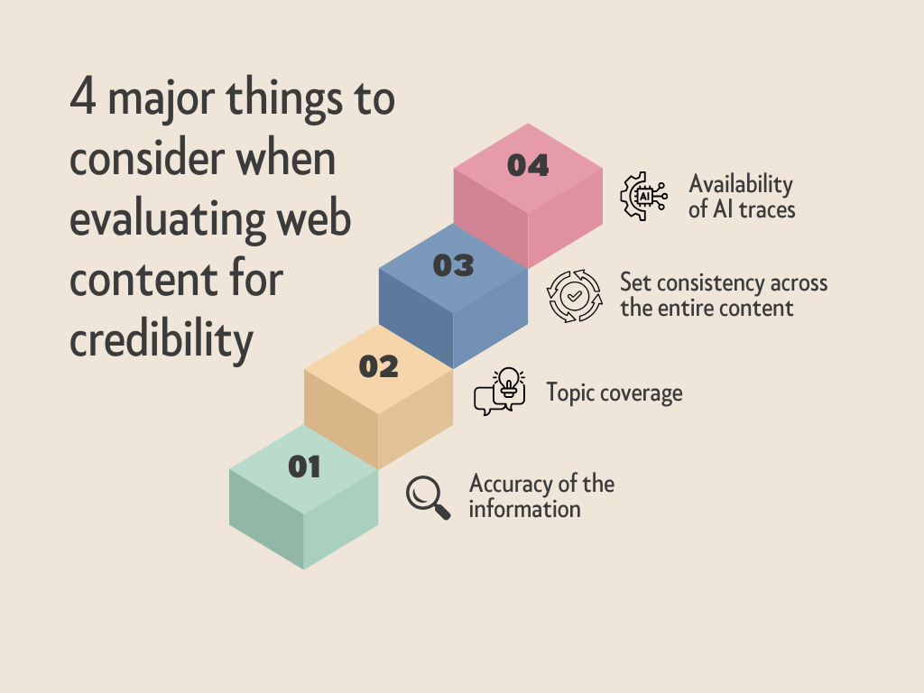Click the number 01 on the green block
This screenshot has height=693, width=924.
[304, 467]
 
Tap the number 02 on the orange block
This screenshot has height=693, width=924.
[378, 366]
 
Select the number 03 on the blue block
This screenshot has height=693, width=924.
[453, 266]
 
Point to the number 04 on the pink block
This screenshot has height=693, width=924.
[528, 165]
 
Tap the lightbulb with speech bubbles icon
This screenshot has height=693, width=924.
[500, 392]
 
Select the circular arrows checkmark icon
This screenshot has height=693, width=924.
[574, 296]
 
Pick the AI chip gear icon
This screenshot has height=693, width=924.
[643, 196]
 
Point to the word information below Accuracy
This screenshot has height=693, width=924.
[524, 509]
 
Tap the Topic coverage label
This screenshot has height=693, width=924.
[614, 393]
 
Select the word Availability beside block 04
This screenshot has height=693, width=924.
[741, 184]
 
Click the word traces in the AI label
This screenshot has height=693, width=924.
[767, 209]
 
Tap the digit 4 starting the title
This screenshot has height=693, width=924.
[82, 96]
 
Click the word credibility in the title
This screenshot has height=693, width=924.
[162, 339]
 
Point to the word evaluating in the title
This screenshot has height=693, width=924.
[168, 220]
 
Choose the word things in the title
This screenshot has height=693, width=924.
[284, 99]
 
